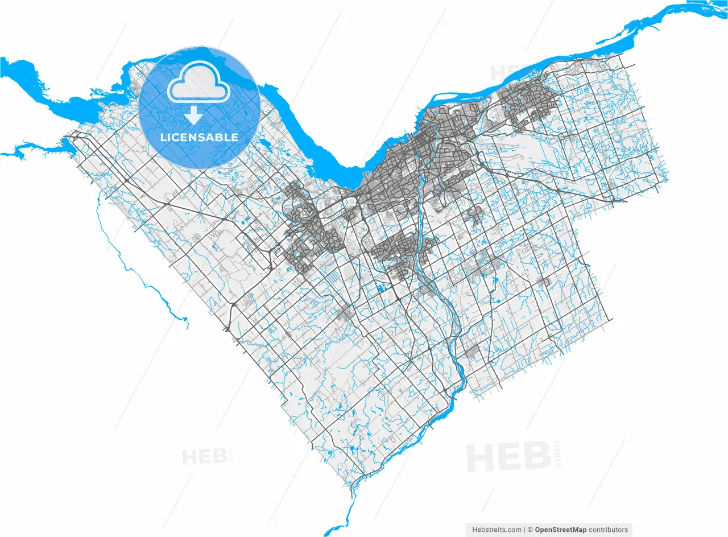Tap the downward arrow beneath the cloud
(x=193, y=115)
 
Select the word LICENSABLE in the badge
(x=199, y=138)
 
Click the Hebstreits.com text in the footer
(x=497, y=530)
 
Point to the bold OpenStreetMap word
(x=560, y=530)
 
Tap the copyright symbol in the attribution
(x=530, y=530)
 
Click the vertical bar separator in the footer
(x=524, y=530)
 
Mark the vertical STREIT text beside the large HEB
(x=558, y=453)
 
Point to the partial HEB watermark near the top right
(x=503, y=73)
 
